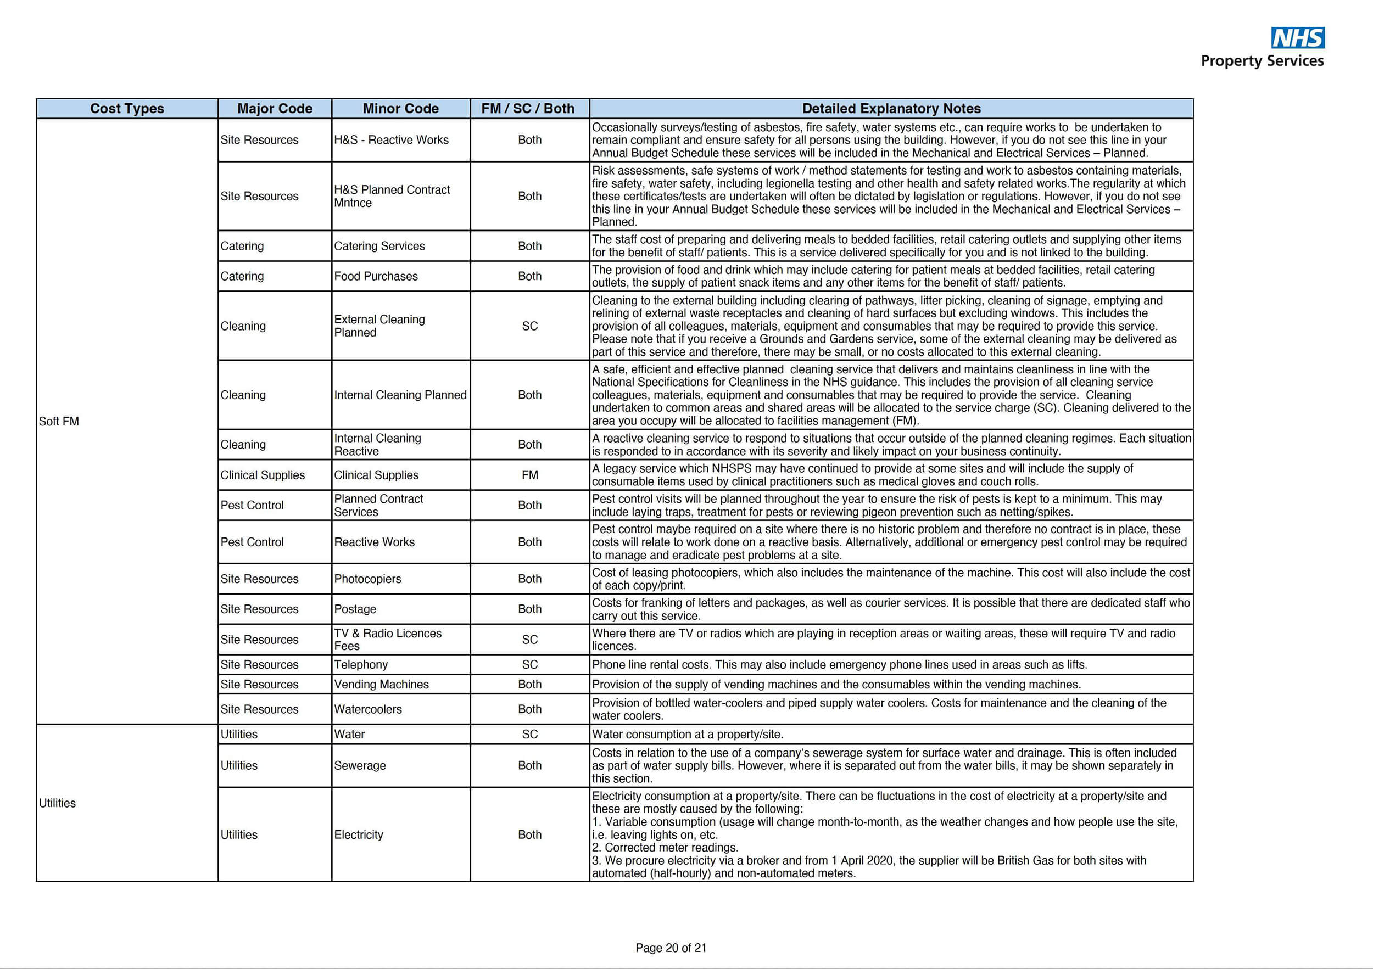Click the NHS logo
1297,38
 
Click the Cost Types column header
127,108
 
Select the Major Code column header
275,108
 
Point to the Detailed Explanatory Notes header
891,108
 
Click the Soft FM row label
59,422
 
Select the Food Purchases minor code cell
376,276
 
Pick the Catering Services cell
379,246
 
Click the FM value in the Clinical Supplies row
529,475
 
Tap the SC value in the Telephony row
529,664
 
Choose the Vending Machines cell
381,684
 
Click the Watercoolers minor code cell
368,709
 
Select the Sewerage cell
359,765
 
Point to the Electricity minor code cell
358,834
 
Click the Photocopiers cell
367,579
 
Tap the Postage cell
355,609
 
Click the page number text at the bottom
671,948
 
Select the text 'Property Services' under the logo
1262,61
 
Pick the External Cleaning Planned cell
379,326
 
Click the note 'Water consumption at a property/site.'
687,734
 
